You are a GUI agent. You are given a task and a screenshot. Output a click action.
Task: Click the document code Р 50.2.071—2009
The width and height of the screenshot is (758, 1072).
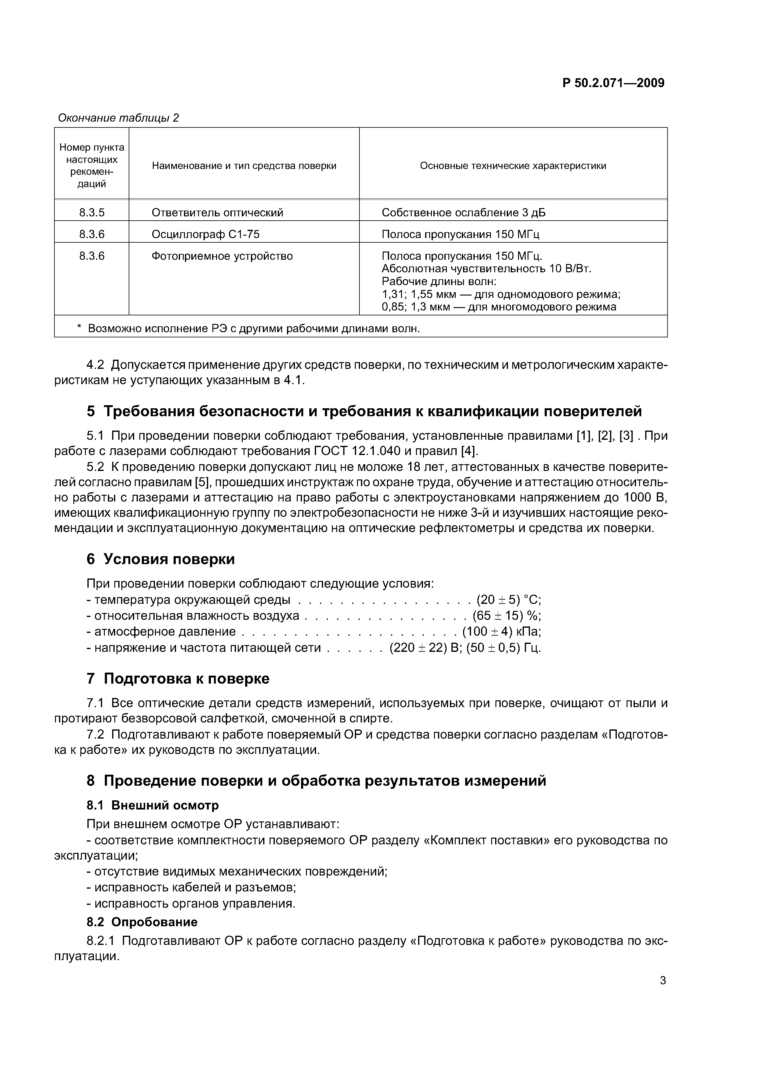tap(613, 83)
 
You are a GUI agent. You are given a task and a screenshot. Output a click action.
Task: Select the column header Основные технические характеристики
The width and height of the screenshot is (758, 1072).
tap(513, 166)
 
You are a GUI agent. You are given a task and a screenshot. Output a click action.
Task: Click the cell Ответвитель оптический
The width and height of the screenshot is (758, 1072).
tap(217, 213)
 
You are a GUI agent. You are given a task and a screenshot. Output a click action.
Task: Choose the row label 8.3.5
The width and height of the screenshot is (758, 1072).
tap(91, 213)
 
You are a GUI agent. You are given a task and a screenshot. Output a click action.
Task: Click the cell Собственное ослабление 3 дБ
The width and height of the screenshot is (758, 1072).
tap(463, 213)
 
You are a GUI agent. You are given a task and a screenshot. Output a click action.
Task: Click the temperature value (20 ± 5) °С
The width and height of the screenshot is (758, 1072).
tap(508, 600)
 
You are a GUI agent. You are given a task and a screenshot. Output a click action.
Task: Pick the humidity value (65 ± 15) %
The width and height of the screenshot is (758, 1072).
tap(506, 615)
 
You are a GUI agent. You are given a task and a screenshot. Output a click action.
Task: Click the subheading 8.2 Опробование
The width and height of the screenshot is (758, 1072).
tap(142, 922)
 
